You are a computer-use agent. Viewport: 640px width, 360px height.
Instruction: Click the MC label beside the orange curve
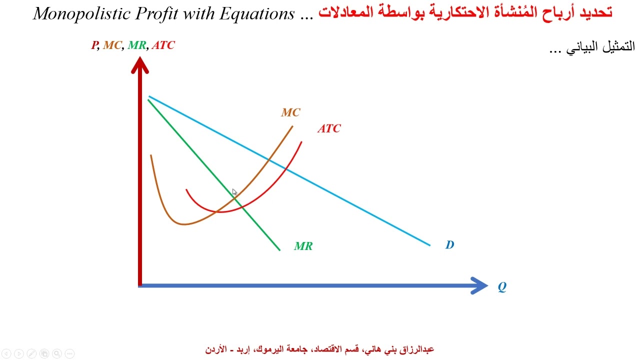pyautogui.click(x=290, y=112)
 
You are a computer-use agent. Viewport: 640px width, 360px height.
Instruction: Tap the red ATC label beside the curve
pyautogui.click(x=329, y=128)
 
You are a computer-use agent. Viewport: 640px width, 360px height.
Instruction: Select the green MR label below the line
pyautogui.click(x=303, y=246)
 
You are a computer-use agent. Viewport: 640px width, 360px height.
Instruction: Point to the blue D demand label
pyautogui.click(x=449, y=244)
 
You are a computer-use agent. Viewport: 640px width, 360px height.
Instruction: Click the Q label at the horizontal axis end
pyautogui.click(x=501, y=287)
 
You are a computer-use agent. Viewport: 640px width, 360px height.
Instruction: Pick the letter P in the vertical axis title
pyautogui.click(x=94, y=45)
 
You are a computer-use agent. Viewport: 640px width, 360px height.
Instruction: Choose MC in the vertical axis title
pyautogui.click(x=112, y=45)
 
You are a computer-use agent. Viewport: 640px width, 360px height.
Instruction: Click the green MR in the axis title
pyautogui.click(x=137, y=45)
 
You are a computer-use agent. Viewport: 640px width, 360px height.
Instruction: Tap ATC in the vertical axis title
pyautogui.click(x=163, y=45)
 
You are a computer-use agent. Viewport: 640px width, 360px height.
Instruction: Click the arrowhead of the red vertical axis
pyautogui.click(x=140, y=65)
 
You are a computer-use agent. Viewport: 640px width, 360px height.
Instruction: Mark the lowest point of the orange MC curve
pyautogui.click(x=183, y=224)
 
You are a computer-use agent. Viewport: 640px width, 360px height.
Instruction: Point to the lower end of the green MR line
pyautogui.click(x=279, y=249)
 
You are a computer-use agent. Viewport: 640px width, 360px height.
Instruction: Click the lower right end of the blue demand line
pyautogui.click(x=429, y=244)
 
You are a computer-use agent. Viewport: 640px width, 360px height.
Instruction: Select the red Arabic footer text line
pyautogui.click(x=319, y=349)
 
